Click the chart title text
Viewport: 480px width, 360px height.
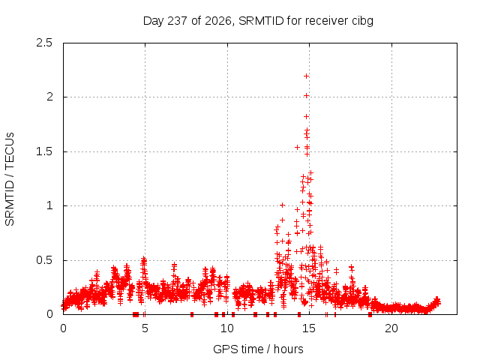click(258, 21)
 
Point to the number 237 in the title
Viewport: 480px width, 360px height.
click(178, 21)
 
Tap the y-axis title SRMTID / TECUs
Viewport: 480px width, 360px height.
click(10, 179)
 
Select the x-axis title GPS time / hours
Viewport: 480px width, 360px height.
click(258, 349)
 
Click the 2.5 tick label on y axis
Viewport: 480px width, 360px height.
click(44, 43)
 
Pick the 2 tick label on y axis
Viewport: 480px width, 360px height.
click(49, 97)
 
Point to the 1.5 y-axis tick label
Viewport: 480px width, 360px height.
click(44, 151)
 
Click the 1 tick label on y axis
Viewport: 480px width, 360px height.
click(50, 205)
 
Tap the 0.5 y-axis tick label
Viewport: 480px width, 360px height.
click(44, 260)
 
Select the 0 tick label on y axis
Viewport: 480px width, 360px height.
click(49, 314)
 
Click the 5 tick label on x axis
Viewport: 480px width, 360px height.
click(145, 328)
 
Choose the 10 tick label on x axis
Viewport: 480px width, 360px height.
click(227, 328)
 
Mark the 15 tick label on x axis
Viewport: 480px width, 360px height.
click(309, 328)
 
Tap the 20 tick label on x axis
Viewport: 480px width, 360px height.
click(391, 328)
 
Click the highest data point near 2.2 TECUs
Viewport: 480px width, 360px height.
click(306, 76)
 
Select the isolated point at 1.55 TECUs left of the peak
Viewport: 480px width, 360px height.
click(297, 148)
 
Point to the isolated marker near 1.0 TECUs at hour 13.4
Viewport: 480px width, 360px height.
click(282, 205)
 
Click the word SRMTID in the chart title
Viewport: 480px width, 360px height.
click(261, 21)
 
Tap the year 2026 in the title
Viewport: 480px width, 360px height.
click(218, 21)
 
